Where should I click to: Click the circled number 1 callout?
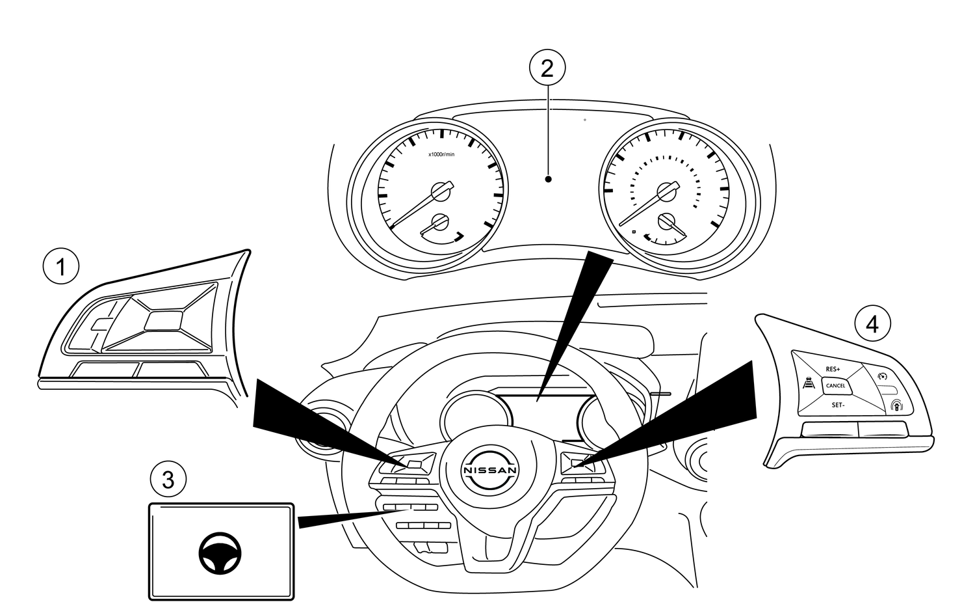[x=61, y=267]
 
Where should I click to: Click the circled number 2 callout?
[x=547, y=67]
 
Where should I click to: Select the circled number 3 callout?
[x=168, y=480]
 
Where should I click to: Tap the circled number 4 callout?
[x=872, y=323]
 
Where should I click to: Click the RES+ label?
[x=833, y=369]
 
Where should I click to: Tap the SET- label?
[x=838, y=405]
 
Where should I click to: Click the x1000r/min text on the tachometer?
[x=441, y=154]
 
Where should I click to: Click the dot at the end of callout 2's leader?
[x=549, y=179]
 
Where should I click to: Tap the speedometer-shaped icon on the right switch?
[x=882, y=376]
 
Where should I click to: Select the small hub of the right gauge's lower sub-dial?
[x=666, y=221]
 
